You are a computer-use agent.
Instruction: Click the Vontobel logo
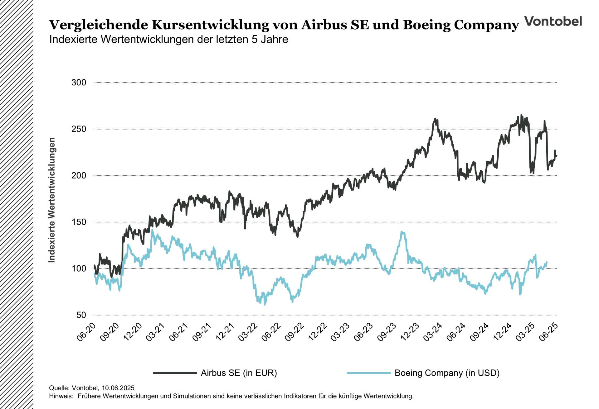coord(553,21)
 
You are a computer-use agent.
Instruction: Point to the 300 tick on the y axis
coord(79,83)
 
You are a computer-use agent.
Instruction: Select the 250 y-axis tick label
coord(79,129)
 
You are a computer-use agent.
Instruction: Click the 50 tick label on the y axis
coord(81,315)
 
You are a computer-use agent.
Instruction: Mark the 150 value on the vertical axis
coord(79,222)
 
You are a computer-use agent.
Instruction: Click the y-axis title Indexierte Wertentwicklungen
coord(52,200)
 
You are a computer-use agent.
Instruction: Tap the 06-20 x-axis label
coord(86,332)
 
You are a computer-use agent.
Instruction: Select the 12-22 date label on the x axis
coord(318,332)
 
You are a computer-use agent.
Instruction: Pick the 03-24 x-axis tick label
coord(433,332)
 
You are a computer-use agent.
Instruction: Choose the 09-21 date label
coord(202,332)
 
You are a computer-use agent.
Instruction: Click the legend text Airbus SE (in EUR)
coord(239,373)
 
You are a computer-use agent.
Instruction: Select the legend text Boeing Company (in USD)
coord(447,373)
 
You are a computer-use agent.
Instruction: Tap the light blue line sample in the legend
coord(368,373)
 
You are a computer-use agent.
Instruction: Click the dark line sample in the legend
coord(175,373)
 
